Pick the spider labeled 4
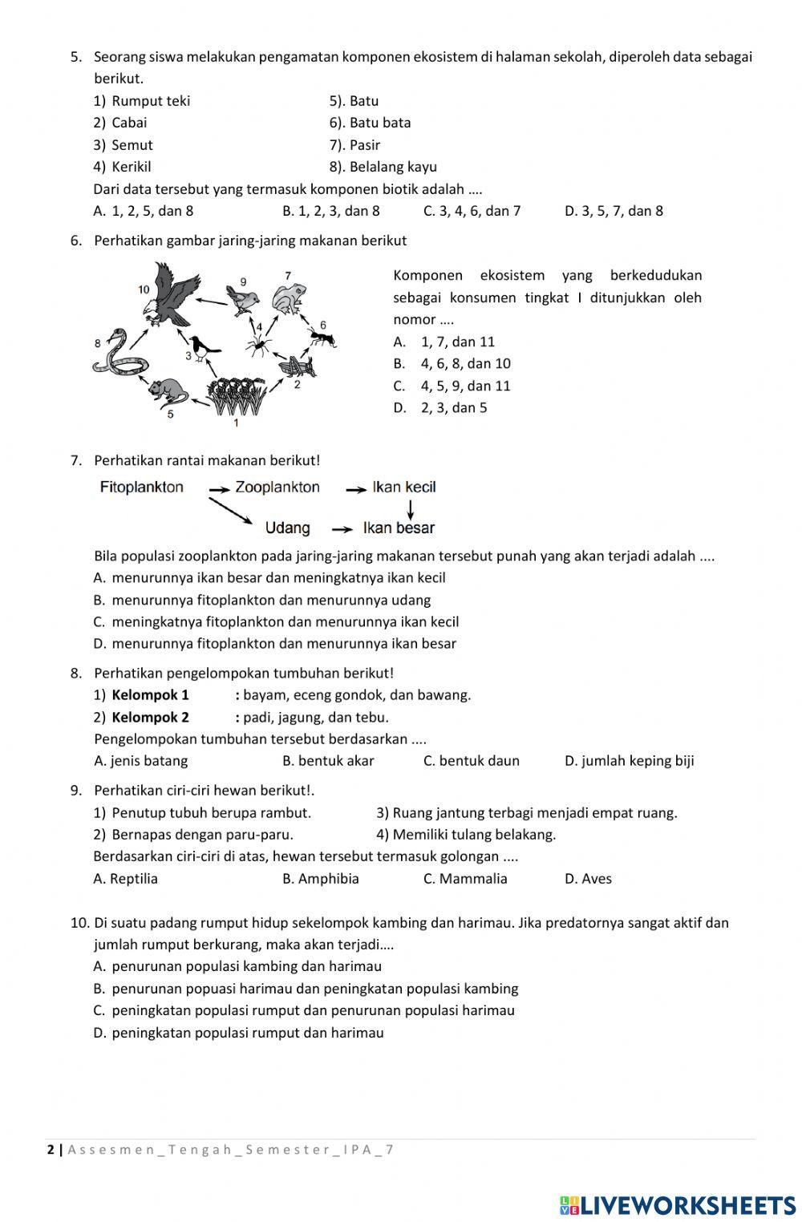(258, 346)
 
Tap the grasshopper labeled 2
(296, 366)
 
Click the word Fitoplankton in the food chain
(141, 488)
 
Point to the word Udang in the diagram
(287, 528)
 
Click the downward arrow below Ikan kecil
(410, 508)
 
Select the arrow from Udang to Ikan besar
(342, 529)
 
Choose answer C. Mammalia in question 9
(465, 879)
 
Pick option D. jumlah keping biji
(629, 761)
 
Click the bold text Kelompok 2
(150, 718)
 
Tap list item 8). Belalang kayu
(383, 167)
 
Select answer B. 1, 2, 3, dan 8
(330, 211)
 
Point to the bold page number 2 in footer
(51, 1150)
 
